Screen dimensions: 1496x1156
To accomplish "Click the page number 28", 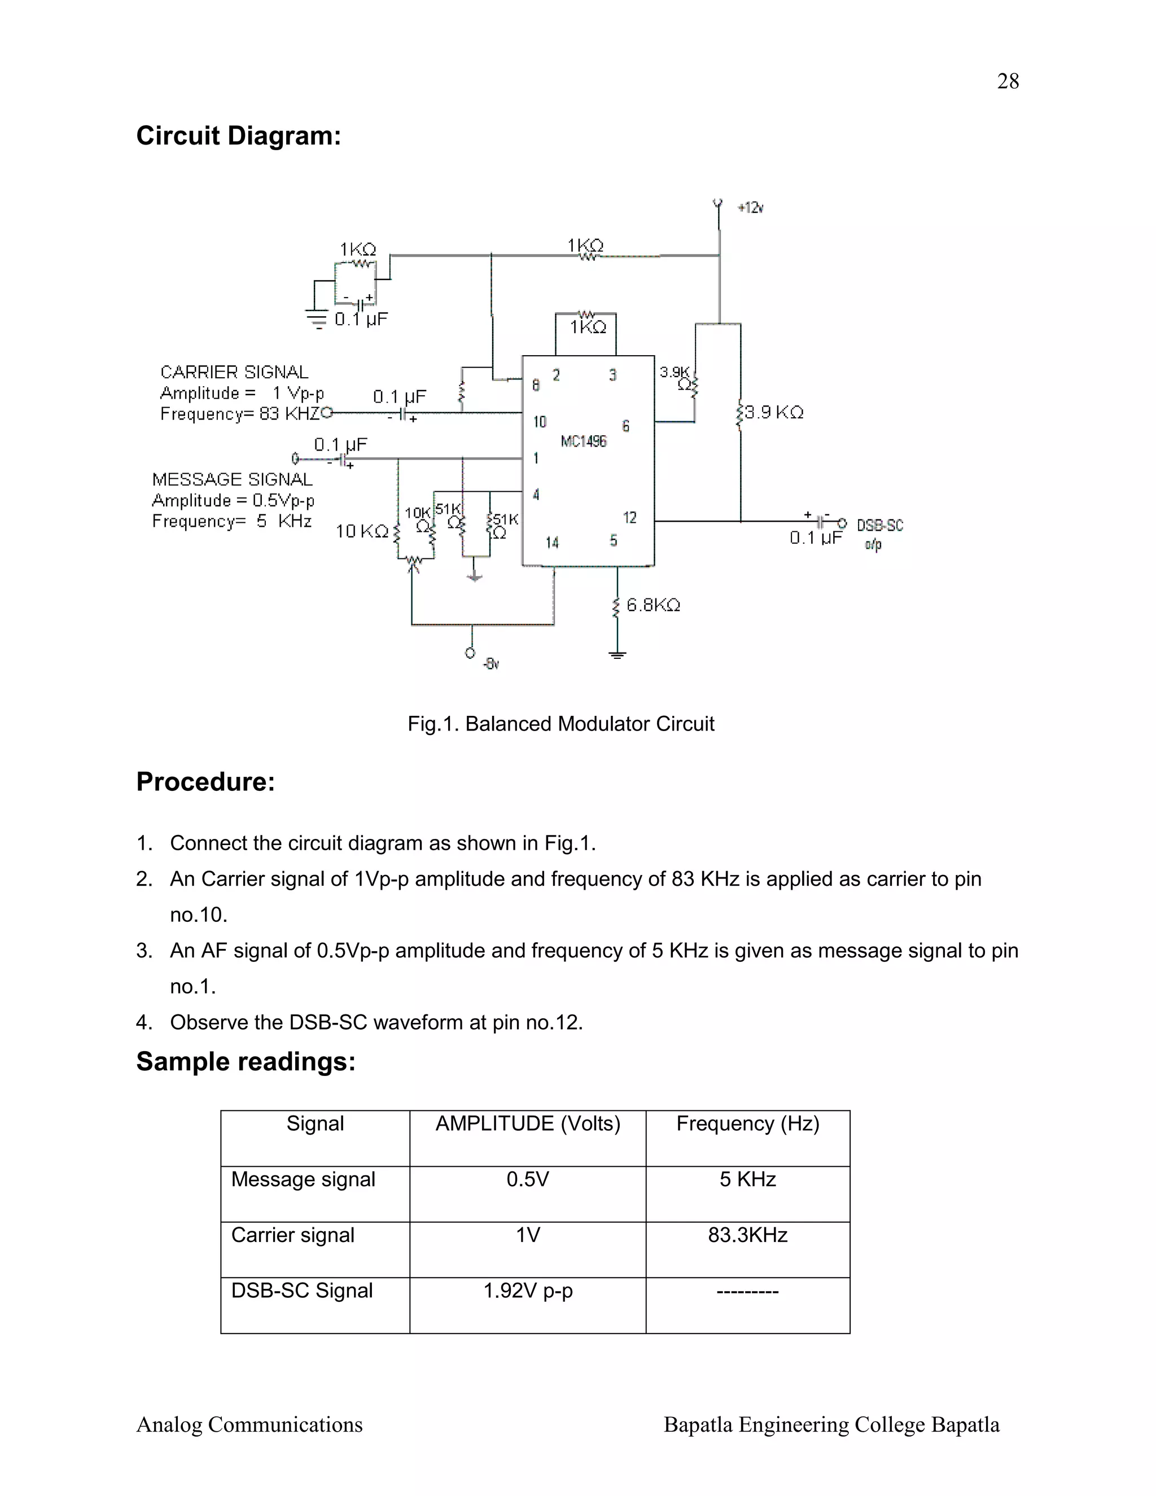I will coord(1008,81).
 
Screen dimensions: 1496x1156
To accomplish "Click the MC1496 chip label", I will coord(584,441).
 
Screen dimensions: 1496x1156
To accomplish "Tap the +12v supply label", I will coord(751,208).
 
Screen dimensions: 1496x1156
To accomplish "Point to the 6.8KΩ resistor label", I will coord(653,605).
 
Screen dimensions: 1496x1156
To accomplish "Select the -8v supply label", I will coord(491,664).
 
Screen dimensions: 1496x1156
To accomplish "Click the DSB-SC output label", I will coord(879,526).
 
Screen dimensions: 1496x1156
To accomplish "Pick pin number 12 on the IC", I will coord(629,518).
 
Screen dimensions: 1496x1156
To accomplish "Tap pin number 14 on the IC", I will coord(552,543).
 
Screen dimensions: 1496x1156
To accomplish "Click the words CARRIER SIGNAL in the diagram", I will coord(234,372).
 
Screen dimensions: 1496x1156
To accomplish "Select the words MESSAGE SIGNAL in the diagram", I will coord(232,479).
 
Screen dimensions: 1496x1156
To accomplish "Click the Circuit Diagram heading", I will coord(238,135).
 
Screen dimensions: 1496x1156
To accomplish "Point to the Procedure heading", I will coord(205,781).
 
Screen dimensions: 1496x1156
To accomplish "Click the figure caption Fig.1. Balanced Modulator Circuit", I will coord(561,724).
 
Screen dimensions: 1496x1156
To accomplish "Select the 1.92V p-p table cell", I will coord(527,1291).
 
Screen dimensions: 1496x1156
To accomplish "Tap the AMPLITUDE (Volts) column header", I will coord(527,1123).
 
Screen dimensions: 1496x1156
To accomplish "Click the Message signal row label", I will coord(303,1179).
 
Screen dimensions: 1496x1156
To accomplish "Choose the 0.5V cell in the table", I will coord(527,1179).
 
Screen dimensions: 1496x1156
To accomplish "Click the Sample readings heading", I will coord(246,1061).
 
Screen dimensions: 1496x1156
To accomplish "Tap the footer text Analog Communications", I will coord(249,1424).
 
